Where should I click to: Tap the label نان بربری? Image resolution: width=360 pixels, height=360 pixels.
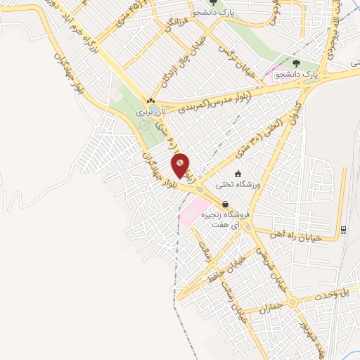click(x=153, y=111)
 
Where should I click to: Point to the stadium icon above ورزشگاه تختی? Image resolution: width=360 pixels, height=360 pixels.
click(x=238, y=173)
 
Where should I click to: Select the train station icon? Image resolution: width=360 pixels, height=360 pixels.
click(x=342, y=230)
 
